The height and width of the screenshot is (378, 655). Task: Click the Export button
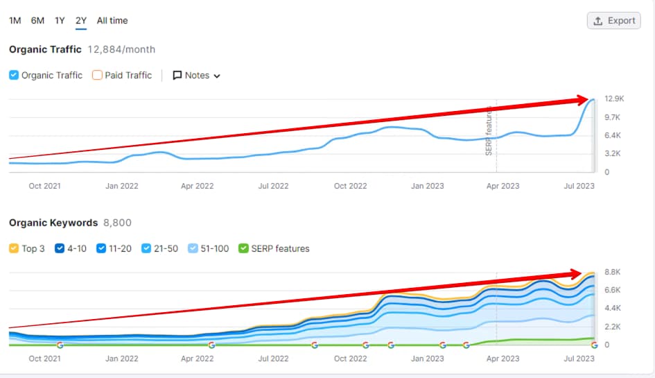point(613,21)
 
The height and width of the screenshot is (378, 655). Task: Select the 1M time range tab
point(15,21)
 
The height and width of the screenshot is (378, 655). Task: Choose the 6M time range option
point(37,21)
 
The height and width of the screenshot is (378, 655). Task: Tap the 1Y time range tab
point(60,21)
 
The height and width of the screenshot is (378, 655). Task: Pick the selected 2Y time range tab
point(81,21)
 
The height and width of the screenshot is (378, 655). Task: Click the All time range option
point(112,21)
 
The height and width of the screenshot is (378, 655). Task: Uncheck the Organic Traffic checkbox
point(14,76)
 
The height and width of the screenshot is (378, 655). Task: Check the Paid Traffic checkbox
point(98,76)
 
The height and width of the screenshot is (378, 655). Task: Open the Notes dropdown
point(197,76)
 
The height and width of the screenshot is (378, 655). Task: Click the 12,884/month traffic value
point(121,49)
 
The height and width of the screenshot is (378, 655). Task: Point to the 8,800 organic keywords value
point(117,223)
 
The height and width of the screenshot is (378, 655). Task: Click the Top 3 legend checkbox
point(14,248)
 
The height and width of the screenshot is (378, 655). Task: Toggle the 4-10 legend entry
point(60,248)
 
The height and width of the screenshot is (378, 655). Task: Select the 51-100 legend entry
point(193,248)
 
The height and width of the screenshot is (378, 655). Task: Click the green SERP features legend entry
point(243,248)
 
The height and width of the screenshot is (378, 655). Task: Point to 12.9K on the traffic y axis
point(615,99)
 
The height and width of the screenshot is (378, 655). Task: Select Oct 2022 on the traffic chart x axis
point(350,186)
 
